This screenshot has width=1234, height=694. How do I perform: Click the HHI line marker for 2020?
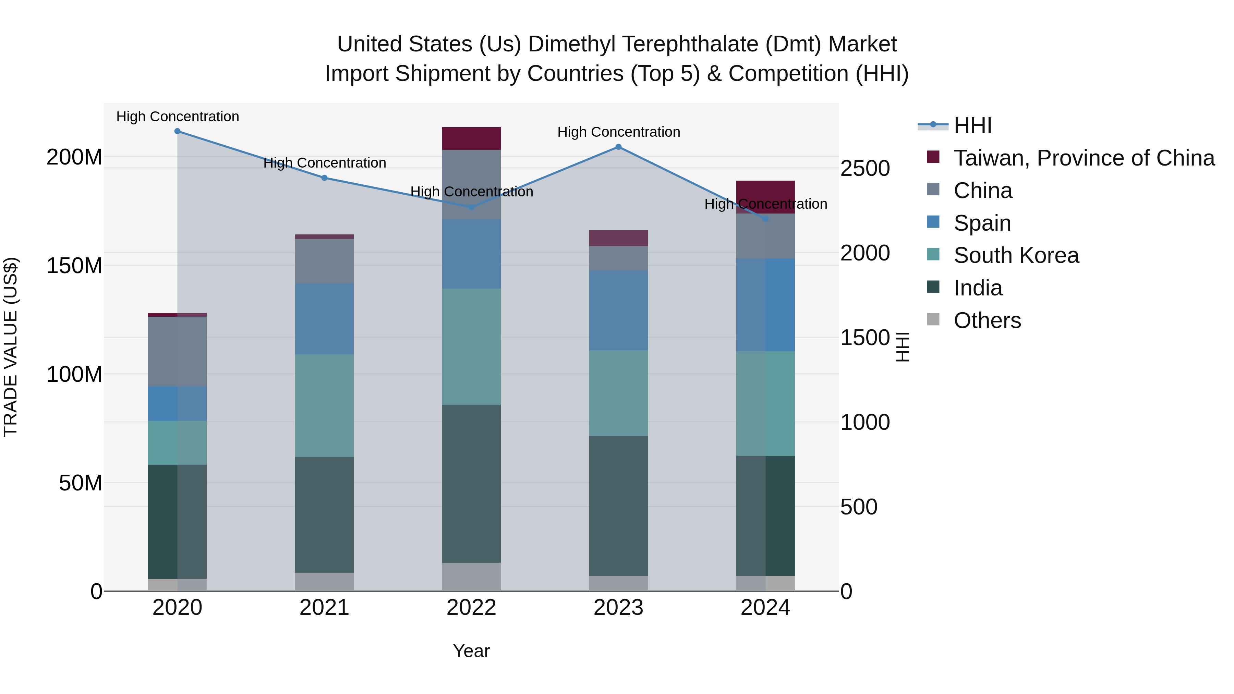177,131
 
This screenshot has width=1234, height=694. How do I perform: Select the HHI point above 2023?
618,147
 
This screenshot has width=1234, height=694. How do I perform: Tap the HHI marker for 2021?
324,178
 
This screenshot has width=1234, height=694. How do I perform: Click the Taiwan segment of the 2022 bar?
471,138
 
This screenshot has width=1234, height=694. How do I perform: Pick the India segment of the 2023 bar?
618,505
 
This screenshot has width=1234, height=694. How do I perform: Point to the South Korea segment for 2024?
765,403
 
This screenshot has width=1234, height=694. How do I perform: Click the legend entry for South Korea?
1016,255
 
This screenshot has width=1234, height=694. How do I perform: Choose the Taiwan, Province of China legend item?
1084,158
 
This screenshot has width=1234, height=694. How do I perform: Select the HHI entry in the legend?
972,125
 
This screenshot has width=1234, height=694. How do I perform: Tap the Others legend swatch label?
987,320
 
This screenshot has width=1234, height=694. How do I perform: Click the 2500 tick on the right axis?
865,169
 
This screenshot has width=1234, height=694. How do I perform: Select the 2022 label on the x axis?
471,608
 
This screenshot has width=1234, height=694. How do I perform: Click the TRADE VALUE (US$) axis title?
11,347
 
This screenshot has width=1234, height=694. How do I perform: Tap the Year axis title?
471,651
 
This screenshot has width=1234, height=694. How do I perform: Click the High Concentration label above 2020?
177,117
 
